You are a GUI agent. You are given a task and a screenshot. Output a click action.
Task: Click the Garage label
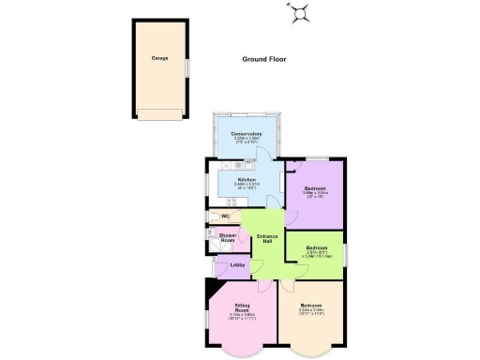click(160, 58)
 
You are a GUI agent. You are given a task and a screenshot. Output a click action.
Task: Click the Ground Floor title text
click(262, 59)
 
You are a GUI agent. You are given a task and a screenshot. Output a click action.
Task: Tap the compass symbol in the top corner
click(301, 11)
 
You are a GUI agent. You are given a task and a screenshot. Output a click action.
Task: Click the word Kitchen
click(247, 179)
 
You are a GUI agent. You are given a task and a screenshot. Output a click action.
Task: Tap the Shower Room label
click(227, 239)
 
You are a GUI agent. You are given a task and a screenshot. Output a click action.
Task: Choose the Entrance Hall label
click(269, 239)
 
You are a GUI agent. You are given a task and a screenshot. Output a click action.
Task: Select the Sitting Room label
click(241, 309)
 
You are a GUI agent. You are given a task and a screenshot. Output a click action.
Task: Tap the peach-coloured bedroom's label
click(311, 306)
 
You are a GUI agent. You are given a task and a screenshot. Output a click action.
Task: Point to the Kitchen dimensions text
click(247, 186)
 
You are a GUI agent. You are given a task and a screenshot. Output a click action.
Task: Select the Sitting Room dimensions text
click(241, 319)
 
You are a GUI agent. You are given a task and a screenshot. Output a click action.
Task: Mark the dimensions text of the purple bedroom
click(315, 196)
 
